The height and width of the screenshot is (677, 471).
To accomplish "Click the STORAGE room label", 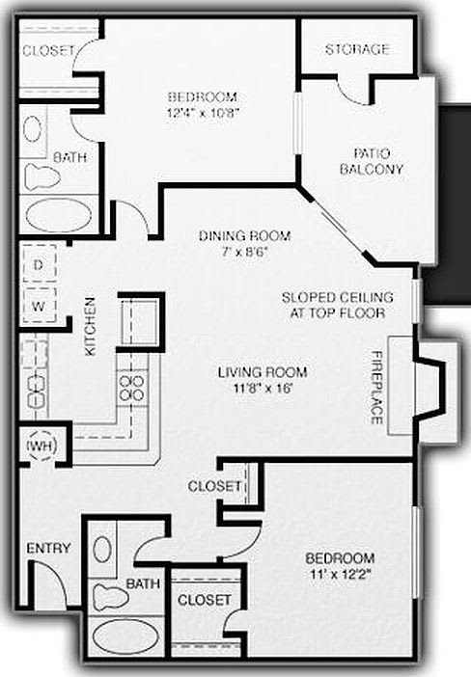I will (357, 49).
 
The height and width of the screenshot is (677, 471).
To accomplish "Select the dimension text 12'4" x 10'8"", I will (203, 112).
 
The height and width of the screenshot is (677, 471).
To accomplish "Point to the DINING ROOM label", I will (238, 235).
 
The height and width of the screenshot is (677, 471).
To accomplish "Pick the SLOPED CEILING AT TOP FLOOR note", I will (334, 305).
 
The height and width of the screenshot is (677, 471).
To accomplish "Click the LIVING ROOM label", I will (262, 372).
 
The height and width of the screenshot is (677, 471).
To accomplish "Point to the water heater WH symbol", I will (41, 447).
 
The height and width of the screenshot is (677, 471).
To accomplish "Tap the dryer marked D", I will (40, 263).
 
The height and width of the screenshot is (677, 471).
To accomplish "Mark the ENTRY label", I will (48, 548).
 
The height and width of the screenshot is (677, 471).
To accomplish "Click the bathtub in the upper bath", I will (58, 214).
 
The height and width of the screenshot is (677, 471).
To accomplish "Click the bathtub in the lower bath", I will (124, 637).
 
